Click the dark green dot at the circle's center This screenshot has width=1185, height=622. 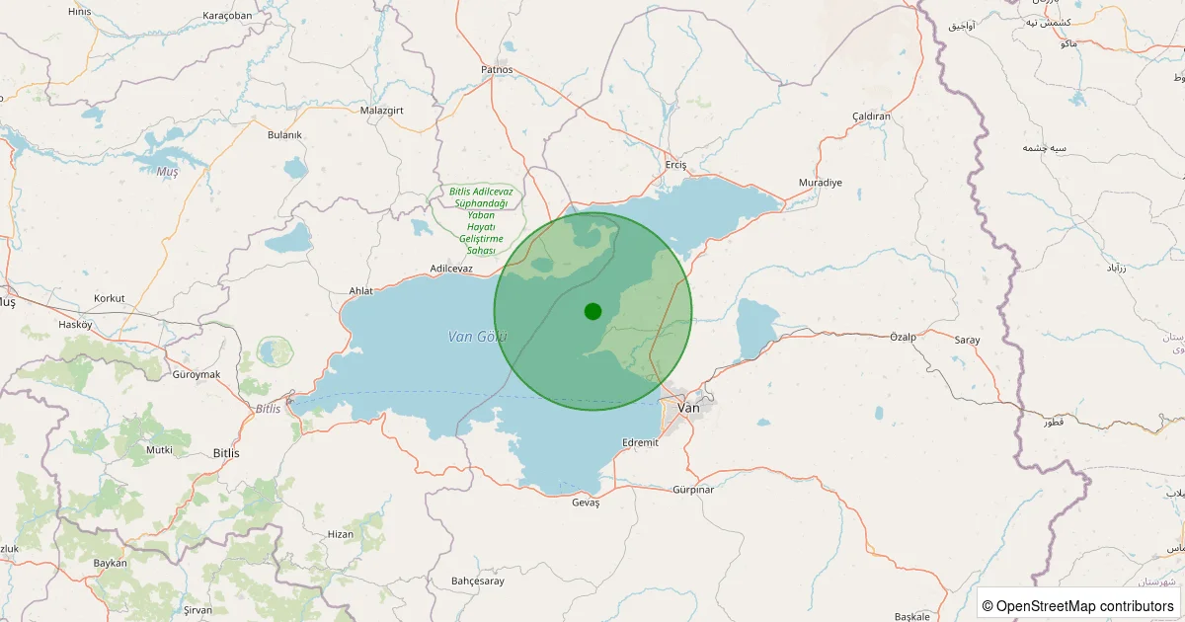[x=592, y=311]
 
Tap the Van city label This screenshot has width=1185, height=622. [x=688, y=408]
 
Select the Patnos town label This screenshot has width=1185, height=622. [x=497, y=69]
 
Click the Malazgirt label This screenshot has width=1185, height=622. [x=382, y=110]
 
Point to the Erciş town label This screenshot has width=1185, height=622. [x=675, y=164]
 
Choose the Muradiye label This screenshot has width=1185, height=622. [x=820, y=183]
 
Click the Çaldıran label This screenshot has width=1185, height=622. [x=871, y=117]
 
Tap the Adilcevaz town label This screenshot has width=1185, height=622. [x=452, y=269]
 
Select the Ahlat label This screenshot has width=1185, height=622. [x=361, y=291]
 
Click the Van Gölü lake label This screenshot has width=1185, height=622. [x=477, y=337]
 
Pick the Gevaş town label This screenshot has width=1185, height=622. [x=586, y=503]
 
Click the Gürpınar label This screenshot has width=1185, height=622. [x=692, y=489]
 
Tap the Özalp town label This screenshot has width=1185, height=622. [x=903, y=337]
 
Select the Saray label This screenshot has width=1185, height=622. [x=967, y=340]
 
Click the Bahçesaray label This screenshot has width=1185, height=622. [x=477, y=581]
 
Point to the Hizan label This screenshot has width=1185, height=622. [x=340, y=534]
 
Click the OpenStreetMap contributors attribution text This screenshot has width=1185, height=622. [x=1077, y=605]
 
